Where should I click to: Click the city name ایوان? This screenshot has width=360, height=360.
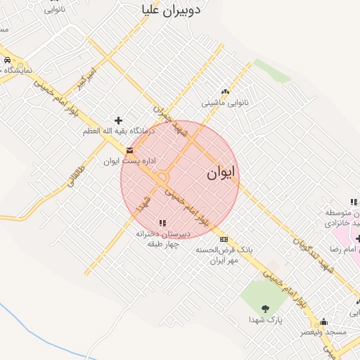point(222,173)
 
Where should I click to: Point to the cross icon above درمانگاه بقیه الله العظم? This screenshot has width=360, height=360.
point(118,121)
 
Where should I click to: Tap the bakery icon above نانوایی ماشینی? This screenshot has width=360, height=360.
point(225,91)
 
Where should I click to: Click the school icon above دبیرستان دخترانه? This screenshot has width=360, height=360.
point(163,223)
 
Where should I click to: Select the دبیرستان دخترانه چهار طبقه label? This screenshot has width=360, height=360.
point(163,239)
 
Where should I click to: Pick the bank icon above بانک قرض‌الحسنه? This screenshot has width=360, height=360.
point(224,239)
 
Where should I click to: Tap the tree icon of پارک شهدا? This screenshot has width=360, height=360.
point(265,308)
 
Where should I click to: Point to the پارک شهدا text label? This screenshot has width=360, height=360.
point(265,319)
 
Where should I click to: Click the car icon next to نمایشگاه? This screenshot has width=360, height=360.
point(6,60)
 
